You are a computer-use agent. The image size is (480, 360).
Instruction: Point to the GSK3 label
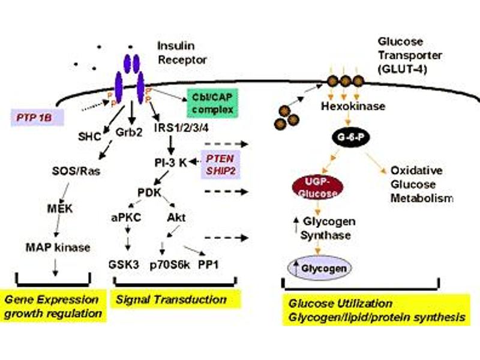click(123, 265)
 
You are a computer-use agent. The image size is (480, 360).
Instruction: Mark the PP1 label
click(211, 265)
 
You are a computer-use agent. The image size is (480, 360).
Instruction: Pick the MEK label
click(60, 209)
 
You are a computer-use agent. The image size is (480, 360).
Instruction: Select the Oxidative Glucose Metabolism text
click(419, 184)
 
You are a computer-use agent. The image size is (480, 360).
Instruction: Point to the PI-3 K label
click(169, 161)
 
